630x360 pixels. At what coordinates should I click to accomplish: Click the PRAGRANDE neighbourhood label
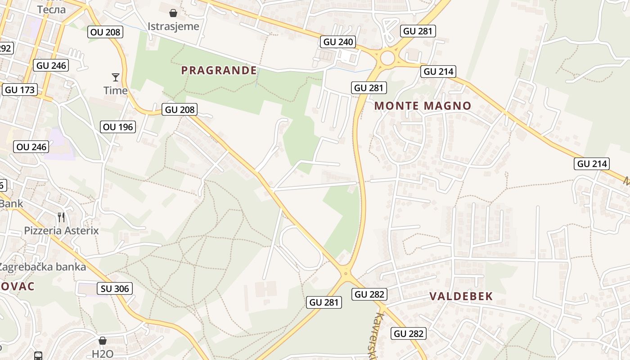coord(219,70)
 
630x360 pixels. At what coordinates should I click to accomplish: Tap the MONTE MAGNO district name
coord(423,106)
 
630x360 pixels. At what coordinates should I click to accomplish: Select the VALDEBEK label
coord(461,296)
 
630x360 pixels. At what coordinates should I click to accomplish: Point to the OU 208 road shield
coord(105,32)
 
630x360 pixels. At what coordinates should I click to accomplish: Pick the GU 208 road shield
coord(180,109)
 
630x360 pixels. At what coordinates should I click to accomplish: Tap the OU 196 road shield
coord(118,127)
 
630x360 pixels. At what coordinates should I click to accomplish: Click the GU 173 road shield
coord(20,90)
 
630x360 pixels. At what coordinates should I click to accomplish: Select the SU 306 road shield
coord(115,288)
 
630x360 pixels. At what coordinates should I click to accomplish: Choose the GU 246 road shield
coord(51,65)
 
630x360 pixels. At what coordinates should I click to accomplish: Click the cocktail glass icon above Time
coord(116,77)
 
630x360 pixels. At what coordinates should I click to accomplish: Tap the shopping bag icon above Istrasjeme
coord(173,13)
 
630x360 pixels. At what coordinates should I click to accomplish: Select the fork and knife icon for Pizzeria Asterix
coord(61,217)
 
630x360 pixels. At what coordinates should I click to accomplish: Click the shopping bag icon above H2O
coord(103,341)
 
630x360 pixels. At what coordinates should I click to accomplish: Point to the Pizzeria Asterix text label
coord(61,231)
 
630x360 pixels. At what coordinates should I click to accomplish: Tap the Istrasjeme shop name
coord(173,26)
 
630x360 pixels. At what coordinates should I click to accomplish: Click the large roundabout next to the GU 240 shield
coord(387,58)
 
